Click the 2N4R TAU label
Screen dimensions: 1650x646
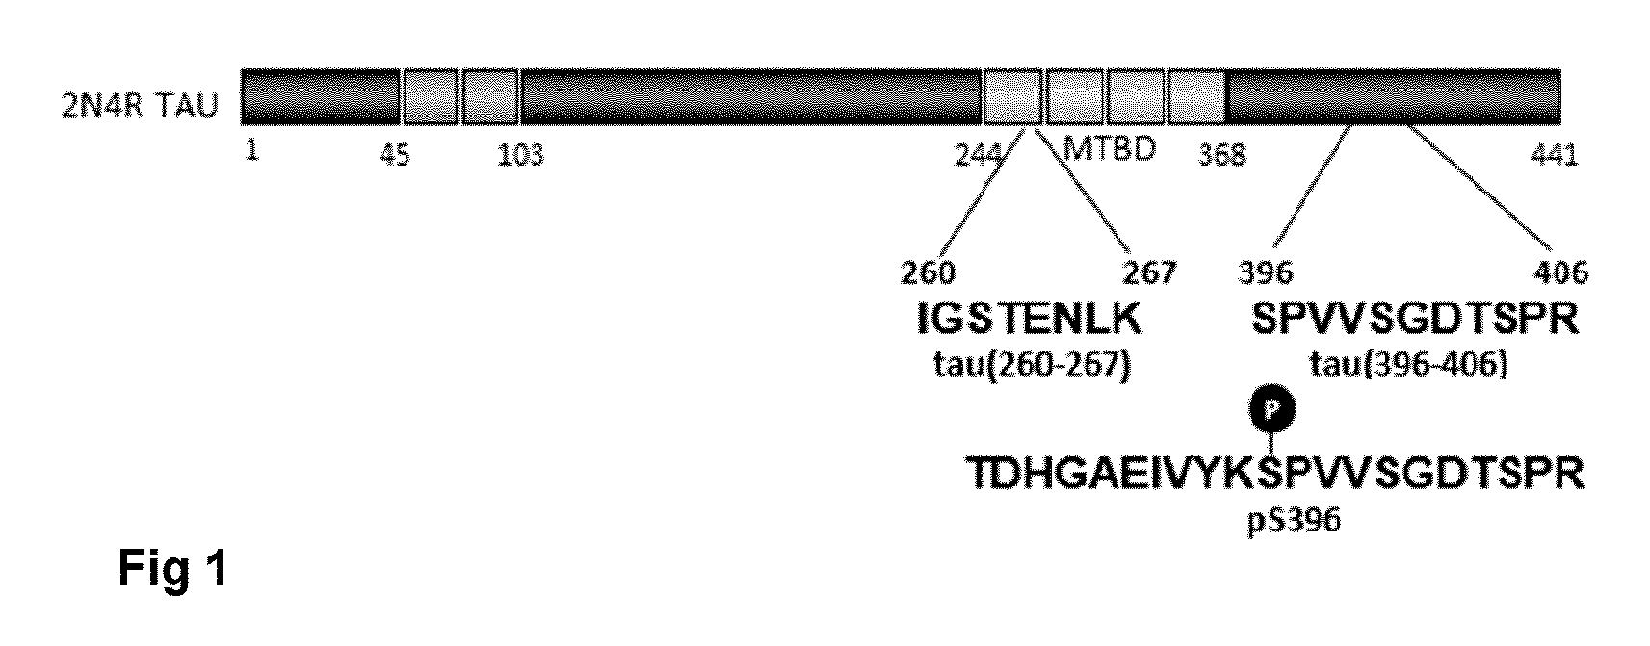pos(140,105)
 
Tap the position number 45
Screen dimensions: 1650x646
pos(395,155)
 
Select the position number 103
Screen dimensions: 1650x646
pos(521,155)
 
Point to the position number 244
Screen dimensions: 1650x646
pos(979,155)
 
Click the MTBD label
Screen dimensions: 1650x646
pos(1110,149)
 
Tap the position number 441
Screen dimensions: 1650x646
pos(1555,155)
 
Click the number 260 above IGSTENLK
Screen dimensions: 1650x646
pos(929,273)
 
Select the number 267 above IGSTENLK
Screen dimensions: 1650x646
pos(1149,273)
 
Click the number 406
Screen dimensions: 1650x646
pos(1560,273)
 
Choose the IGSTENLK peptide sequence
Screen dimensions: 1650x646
pos(1030,319)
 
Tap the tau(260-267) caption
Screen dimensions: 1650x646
pos(1032,365)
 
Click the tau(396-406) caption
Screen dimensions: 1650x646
pos(1408,365)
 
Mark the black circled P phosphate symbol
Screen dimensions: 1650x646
pos(1272,410)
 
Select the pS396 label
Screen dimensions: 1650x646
pos(1294,521)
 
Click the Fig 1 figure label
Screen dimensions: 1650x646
pos(173,569)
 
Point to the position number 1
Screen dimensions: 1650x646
pos(252,151)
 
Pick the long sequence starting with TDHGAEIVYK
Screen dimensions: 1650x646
pos(1274,473)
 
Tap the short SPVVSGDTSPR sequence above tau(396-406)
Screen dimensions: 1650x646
pos(1415,319)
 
